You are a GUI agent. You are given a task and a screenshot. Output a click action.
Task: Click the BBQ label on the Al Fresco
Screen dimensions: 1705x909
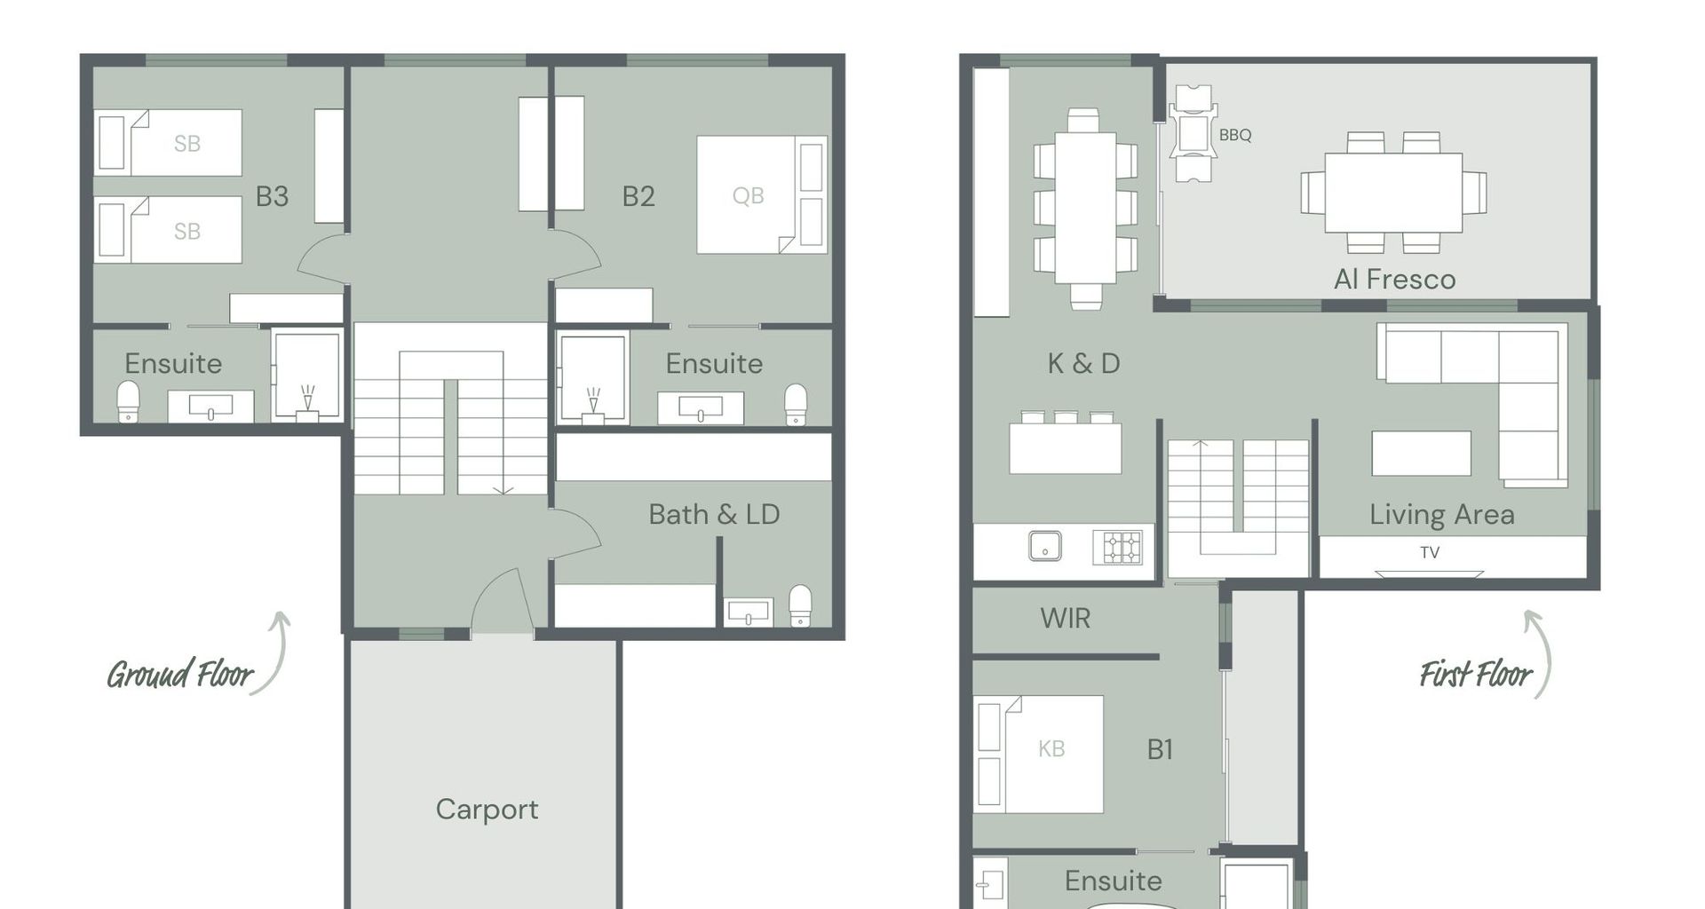[1234, 135]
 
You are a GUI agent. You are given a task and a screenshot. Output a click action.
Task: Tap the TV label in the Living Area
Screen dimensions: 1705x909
[1429, 552]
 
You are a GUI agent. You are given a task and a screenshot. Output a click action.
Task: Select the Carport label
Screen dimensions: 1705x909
[487, 810]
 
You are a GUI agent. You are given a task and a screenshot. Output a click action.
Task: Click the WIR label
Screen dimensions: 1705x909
[1065, 618]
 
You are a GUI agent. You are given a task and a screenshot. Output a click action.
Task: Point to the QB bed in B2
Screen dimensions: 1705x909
[761, 194]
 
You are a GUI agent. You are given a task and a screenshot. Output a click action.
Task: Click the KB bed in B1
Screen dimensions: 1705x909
[1038, 754]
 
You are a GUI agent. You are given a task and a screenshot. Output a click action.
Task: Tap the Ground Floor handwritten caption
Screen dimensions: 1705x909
[180, 675]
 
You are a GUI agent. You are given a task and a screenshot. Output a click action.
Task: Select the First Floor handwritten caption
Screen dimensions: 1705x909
[1476, 675]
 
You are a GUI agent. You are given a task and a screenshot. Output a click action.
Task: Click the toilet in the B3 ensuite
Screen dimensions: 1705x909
[129, 401]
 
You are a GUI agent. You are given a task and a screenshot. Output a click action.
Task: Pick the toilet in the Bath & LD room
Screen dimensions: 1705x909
[800, 605]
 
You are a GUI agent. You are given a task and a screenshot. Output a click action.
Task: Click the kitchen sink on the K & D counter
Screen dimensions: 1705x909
[1045, 546]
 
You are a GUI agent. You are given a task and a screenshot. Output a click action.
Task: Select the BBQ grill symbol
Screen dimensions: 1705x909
[1193, 134]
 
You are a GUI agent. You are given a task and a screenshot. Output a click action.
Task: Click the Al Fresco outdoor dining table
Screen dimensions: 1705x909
[1393, 193]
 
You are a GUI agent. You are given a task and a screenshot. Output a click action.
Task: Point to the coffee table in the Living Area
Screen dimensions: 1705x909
[1421, 453]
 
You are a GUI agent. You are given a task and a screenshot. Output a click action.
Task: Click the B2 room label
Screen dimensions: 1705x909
[638, 196]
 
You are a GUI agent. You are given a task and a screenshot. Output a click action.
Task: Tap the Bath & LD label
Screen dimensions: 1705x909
[714, 514]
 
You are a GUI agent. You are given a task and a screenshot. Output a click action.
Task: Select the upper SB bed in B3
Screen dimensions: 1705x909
[168, 142]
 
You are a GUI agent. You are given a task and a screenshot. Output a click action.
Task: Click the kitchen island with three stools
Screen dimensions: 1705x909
[1066, 443]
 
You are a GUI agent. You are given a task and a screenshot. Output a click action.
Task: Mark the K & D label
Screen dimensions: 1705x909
[1083, 363]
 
